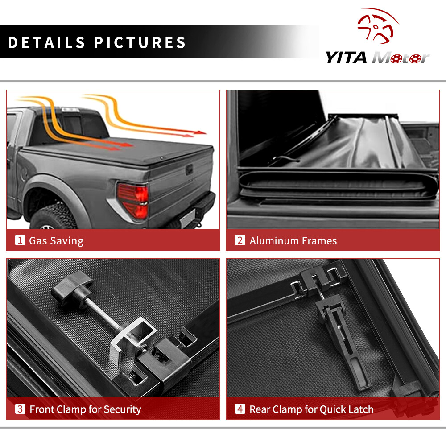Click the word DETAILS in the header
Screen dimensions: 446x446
pos(47,43)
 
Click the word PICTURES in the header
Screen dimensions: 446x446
pos(140,43)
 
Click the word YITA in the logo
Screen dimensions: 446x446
pos(346,58)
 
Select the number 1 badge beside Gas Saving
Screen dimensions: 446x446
pos(20,240)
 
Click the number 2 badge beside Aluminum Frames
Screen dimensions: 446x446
pos(240,240)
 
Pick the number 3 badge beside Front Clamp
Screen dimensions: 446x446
pos(20,409)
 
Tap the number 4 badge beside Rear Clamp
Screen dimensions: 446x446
pos(240,409)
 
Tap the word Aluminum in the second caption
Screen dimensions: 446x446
pos(274,241)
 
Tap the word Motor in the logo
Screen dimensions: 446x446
pos(401,58)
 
